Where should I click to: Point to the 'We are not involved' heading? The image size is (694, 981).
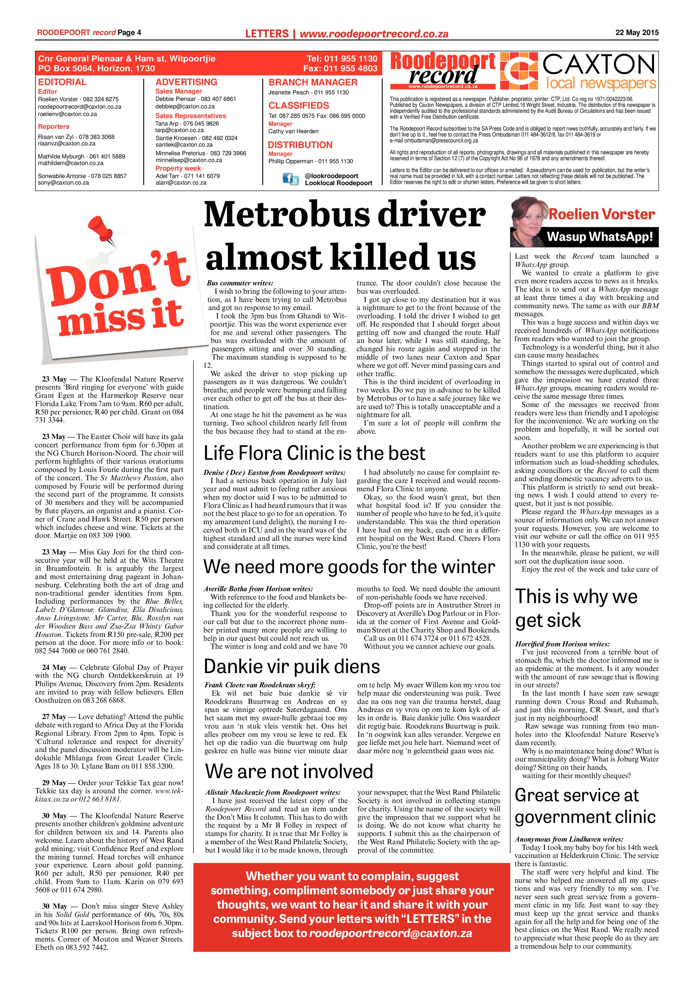coord(289,772)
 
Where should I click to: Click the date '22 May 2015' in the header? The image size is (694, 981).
coord(637,32)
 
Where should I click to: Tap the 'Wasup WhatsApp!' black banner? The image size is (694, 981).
coord(600,237)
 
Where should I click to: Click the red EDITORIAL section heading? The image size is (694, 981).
coord(62,82)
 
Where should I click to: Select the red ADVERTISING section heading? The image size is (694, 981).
coord(186,82)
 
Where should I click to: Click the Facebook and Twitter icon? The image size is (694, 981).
coord(291,179)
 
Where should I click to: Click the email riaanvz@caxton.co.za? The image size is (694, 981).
coord(67,144)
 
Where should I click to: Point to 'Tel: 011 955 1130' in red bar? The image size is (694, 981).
coord(342,58)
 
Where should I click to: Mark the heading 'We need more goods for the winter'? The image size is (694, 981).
coord(349,567)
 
